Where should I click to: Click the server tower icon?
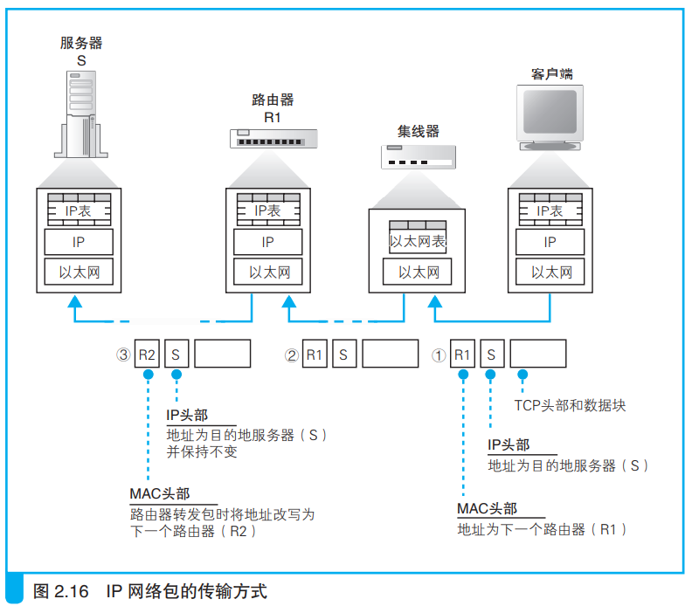(x=81, y=114)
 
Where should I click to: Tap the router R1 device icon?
(x=273, y=139)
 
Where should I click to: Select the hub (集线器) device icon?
(x=419, y=157)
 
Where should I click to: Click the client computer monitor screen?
(x=550, y=112)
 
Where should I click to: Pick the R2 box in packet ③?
(x=147, y=354)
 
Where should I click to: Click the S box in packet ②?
(x=344, y=354)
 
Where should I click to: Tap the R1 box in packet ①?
(x=462, y=354)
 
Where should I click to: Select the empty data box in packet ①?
(x=538, y=354)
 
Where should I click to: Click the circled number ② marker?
(x=292, y=355)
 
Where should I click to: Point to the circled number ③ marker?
(x=123, y=355)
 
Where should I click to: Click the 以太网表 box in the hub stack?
(x=418, y=238)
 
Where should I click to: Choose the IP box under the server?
(x=79, y=242)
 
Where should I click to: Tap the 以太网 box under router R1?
(x=268, y=272)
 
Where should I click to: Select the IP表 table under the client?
(x=550, y=210)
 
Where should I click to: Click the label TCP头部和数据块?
(x=571, y=405)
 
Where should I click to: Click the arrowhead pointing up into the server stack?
(x=74, y=301)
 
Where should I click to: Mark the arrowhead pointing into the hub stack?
(x=435, y=301)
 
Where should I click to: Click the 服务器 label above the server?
(x=81, y=43)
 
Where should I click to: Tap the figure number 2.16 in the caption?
(x=72, y=591)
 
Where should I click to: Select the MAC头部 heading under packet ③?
(x=160, y=493)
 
